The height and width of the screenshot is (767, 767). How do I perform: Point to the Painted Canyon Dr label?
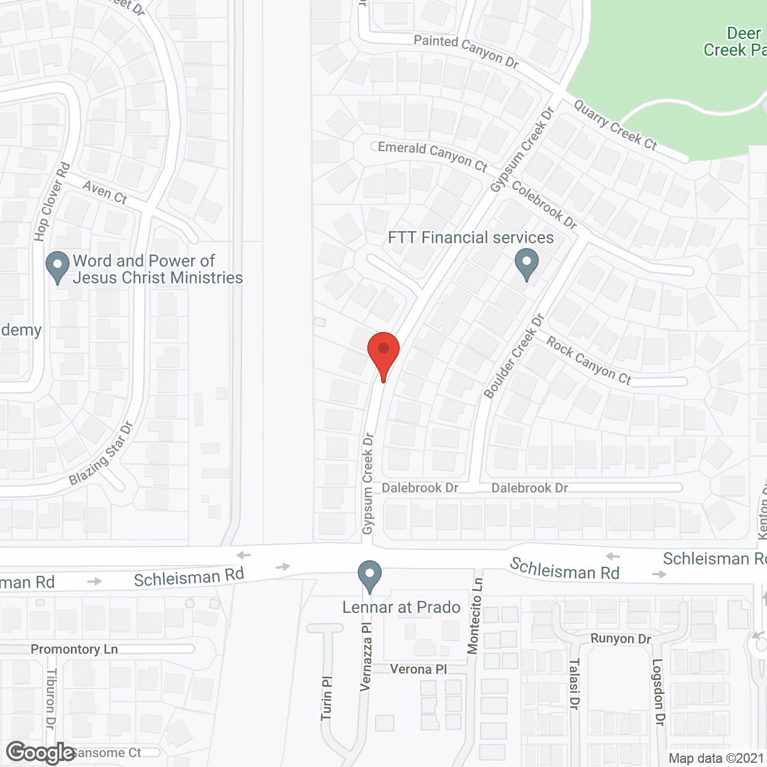click(466, 50)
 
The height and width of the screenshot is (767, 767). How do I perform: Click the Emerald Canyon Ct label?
click(432, 155)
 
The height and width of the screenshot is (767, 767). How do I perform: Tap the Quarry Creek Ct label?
click(615, 125)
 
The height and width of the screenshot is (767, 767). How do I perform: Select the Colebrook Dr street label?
click(544, 205)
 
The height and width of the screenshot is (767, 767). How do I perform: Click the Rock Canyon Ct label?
click(588, 361)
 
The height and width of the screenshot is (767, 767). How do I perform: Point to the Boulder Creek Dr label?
click(513, 356)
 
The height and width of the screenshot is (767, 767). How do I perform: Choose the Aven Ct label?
click(105, 192)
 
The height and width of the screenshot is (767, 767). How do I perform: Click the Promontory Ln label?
click(74, 649)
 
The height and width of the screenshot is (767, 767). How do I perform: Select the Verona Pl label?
click(418, 669)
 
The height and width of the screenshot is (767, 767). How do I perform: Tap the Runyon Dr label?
click(621, 639)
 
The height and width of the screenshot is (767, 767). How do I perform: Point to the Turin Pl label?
click(327, 699)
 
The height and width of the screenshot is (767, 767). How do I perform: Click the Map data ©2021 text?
click(716, 758)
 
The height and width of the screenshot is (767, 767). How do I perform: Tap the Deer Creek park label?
click(735, 42)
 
